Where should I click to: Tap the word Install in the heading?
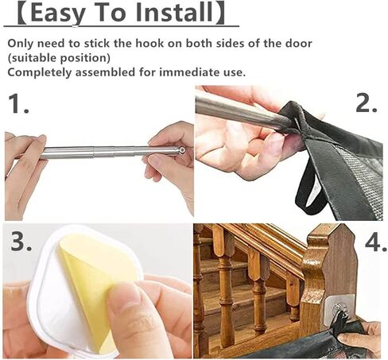tap(180, 14)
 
